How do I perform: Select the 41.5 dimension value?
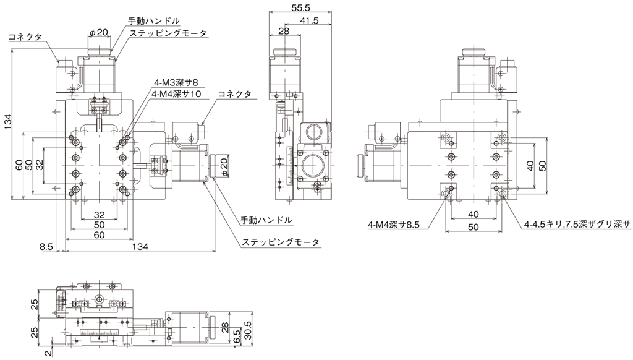[x=310, y=20]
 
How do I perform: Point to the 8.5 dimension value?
[x=46, y=246]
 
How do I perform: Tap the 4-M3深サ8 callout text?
[x=176, y=83]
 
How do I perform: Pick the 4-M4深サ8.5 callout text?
[x=394, y=225]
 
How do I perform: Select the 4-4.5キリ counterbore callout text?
[x=577, y=225]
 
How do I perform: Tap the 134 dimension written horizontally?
[x=140, y=246]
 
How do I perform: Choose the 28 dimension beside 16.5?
[x=225, y=325]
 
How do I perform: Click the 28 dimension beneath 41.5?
[x=284, y=31]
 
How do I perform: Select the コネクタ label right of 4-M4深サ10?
[x=235, y=94]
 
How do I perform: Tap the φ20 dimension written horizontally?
[x=100, y=32]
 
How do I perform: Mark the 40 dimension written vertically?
[x=530, y=165]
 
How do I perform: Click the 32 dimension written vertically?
[x=39, y=165]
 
